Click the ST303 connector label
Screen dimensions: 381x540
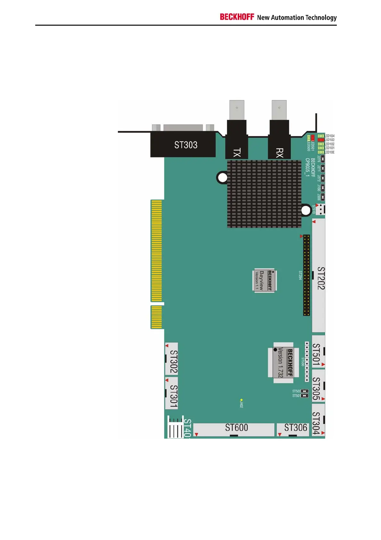186,145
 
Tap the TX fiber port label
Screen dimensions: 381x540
237,153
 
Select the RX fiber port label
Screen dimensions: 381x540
279,153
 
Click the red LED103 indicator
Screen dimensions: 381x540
320,140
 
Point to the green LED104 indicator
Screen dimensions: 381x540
320,136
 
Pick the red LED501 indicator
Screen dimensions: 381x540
313,137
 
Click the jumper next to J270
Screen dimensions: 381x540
323,158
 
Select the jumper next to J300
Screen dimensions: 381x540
323,197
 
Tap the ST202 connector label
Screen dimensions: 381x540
320,278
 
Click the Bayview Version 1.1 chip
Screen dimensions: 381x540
264,280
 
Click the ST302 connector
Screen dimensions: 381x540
172,359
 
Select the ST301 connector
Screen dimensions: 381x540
172,393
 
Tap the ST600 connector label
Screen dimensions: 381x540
236,428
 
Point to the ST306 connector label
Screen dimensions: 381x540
295,428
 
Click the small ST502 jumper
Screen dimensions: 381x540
304,391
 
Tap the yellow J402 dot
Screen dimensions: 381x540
241,400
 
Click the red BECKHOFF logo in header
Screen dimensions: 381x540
237,17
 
